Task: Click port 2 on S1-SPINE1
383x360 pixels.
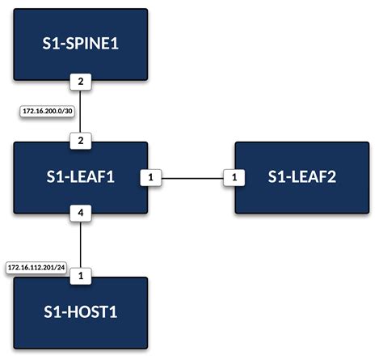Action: pyautogui.click(x=80, y=81)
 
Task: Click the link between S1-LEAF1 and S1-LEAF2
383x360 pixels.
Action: pyautogui.click(x=191, y=176)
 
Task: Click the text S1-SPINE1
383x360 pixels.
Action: pyautogui.click(x=80, y=45)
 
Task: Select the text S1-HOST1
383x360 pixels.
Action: pyautogui.click(x=80, y=312)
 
